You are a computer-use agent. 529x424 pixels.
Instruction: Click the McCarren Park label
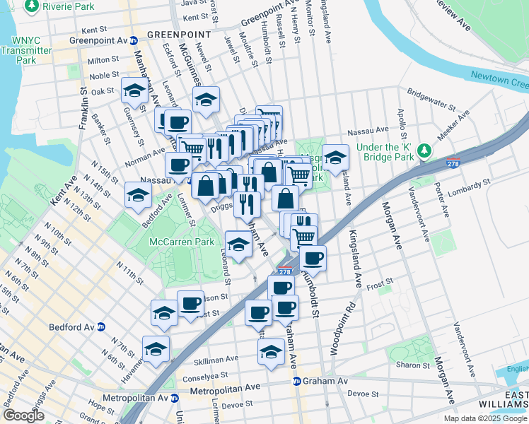click(182, 242)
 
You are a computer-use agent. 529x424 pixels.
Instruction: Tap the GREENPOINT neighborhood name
click(179, 34)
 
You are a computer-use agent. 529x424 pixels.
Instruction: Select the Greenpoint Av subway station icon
click(133, 40)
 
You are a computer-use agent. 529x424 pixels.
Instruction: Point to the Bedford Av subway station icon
click(101, 327)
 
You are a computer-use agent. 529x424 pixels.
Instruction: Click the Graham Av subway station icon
click(297, 381)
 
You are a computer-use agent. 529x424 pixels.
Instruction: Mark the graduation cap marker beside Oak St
click(134, 90)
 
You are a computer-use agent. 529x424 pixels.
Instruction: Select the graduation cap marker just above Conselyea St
click(271, 351)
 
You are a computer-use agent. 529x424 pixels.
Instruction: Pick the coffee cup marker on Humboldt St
click(312, 258)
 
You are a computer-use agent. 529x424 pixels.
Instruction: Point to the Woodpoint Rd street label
click(350, 329)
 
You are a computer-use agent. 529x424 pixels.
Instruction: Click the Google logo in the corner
click(23, 416)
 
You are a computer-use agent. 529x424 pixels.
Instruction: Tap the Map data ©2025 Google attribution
click(486, 418)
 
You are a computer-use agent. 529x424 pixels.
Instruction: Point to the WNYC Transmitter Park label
click(26, 51)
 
